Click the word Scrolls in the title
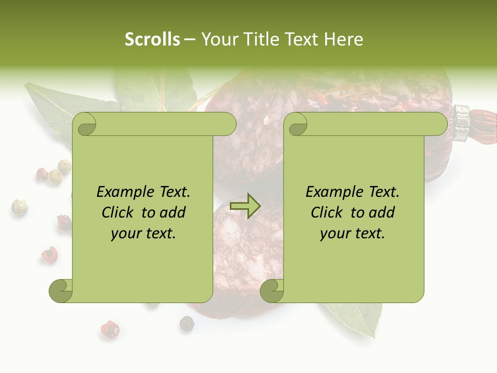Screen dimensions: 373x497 [x=152, y=39]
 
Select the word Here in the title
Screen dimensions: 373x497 [x=343, y=39]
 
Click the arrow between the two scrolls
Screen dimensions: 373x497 [x=245, y=206]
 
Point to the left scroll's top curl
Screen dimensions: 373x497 [x=84, y=124]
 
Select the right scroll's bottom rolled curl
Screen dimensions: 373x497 [x=272, y=291]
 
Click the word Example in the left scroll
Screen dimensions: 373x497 [x=121, y=192]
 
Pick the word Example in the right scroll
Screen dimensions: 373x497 [x=330, y=192]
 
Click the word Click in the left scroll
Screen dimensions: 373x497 [x=118, y=212]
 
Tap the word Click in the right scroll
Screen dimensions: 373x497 [x=327, y=212]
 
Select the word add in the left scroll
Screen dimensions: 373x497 [x=173, y=212]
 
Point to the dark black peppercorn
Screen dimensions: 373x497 [x=186, y=324]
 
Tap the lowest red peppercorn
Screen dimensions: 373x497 [x=109, y=328]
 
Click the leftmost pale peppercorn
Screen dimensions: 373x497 [x=19, y=207]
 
